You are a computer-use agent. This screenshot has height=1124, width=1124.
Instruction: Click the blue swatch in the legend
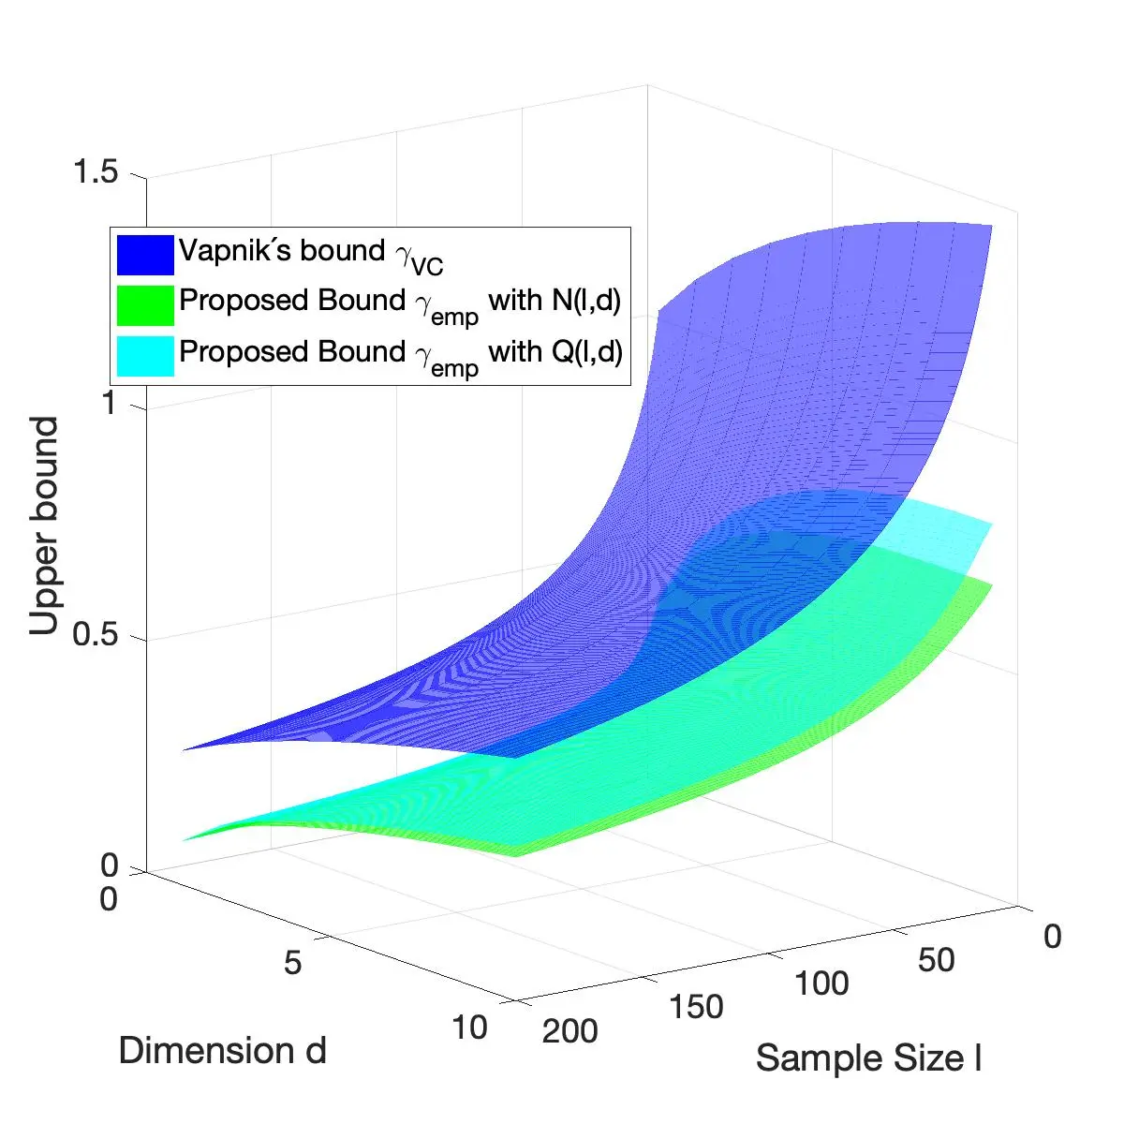click(x=145, y=254)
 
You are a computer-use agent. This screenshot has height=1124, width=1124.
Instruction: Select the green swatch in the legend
click(x=145, y=304)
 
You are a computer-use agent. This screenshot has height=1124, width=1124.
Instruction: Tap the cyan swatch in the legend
click(x=145, y=355)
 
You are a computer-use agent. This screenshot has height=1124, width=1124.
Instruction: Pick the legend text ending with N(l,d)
click(x=400, y=303)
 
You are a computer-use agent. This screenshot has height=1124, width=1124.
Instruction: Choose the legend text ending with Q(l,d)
click(x=400, y=353)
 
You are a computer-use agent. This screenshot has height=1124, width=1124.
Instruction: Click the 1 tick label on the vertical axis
click(x=109, y=404)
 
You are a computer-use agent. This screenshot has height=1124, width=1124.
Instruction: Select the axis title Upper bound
click(x=44, y=526)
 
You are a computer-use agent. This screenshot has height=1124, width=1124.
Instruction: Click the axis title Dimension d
click(x=222, y=1051)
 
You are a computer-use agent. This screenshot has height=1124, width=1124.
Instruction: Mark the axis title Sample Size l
click(x=868, y=1058)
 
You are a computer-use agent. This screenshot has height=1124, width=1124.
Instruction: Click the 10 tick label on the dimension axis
click(x=469, y=1028)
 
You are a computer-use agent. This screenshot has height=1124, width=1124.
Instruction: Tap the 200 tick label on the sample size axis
click(x=569, y=1030)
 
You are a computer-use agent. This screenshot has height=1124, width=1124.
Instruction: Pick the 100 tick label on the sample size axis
click(x=821, y=983)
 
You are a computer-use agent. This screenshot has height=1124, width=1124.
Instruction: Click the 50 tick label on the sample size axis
click(x=936, y=960)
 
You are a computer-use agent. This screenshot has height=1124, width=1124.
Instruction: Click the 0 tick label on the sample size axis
click(x=1052, y=937)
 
